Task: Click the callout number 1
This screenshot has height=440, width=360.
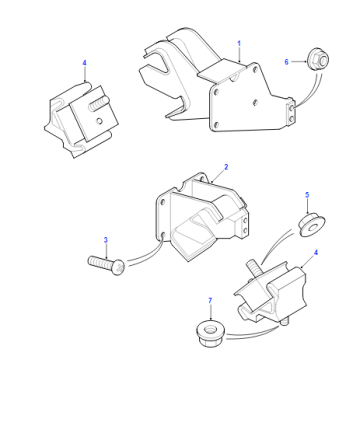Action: pyautogui.click(x=239, y=44)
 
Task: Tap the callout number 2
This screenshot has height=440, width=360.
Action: pyautogui.click(x=226, y=167)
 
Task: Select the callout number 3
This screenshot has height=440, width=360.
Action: pyautogui.click(x=106, y=240)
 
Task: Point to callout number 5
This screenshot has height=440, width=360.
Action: pyautogui.click(x=307, y=195)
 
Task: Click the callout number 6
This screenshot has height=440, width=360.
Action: pyautogui.click(x=286, y=62)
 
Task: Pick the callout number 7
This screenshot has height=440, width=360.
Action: pyautogui.click(x=210, y=301)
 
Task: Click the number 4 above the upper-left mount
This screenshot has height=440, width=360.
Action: pyautogui.click(x=84, y=63)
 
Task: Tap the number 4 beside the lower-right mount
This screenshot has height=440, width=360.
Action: pyautogui.click(x=316, y=252)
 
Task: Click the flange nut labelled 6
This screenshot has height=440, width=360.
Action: pyautogui.click(x=318, y=60)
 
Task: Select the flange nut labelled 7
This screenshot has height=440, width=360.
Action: pyautogui.click(x=211, y=334)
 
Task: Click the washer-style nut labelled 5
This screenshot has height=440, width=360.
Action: pyautogui.click(x=312, y=225)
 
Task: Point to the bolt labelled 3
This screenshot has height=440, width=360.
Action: pyautogui.click(x=106, y=264)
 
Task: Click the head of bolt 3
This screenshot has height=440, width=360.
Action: pyautogui.click(x=118, y=268)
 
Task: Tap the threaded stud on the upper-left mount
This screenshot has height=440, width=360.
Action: pyautogui.click(x=98, y=103)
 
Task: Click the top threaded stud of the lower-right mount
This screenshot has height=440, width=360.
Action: pyautogui.click(x=253, y=269)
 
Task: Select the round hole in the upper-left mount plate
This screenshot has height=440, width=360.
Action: pyautogui.click(x=99, y=121)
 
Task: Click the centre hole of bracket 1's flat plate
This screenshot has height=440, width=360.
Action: pyautogui.click(x=255, y=102)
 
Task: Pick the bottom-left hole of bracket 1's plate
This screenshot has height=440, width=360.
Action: pyautogui.click(x=215, y=125)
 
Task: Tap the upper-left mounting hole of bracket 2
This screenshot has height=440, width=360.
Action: pyautogui.click(x=163, y=202)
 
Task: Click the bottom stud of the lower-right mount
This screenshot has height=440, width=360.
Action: pyautogui.click(x=284, y=323)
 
